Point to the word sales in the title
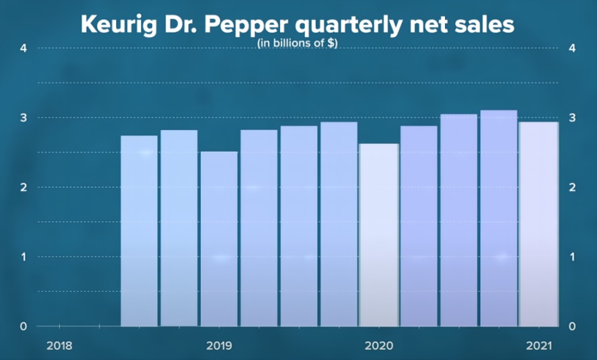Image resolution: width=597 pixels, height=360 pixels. (485, 26)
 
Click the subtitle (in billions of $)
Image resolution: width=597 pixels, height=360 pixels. (298, 45)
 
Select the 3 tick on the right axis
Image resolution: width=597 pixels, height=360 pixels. (571, 118)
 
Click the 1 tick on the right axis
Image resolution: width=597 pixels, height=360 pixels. (571, 257)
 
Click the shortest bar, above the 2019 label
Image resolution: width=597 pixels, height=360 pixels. (219, 239)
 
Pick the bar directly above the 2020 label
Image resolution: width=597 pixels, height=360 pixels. (379, 235)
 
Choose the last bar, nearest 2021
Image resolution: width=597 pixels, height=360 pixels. (539, 224)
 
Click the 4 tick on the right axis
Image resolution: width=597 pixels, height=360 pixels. (571, 48)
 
